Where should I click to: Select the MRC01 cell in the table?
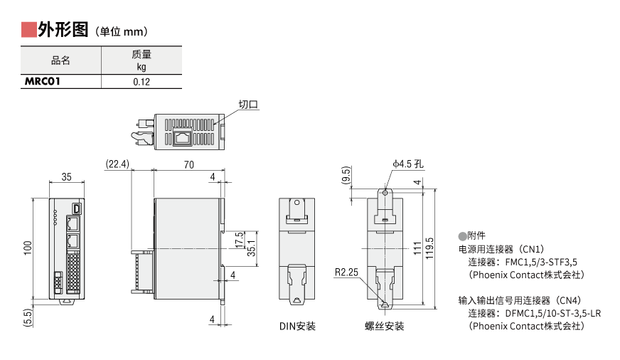[x=43, y=82]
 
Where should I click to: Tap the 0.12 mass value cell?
[x=141, y=82]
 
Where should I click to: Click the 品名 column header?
[x=61, y=60]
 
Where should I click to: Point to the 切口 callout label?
[x=248, y=105]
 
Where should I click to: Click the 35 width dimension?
[x=67, y=176]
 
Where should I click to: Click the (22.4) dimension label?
[x=117, y=164]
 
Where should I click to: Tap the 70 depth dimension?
[x=189, y=164]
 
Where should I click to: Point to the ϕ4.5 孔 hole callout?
[x=408, y=164]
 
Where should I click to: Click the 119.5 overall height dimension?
[x=429, y=249]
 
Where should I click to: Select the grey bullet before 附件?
[x=462, y=235]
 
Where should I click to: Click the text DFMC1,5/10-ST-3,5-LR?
[x=553, y=313]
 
